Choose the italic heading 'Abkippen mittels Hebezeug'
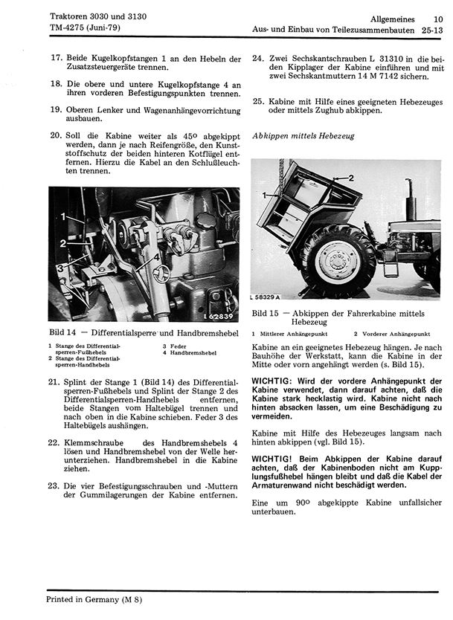point(303,137)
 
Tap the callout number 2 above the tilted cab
point(350,178)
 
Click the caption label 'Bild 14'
point(62,332)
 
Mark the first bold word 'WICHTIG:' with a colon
point(275,381)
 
